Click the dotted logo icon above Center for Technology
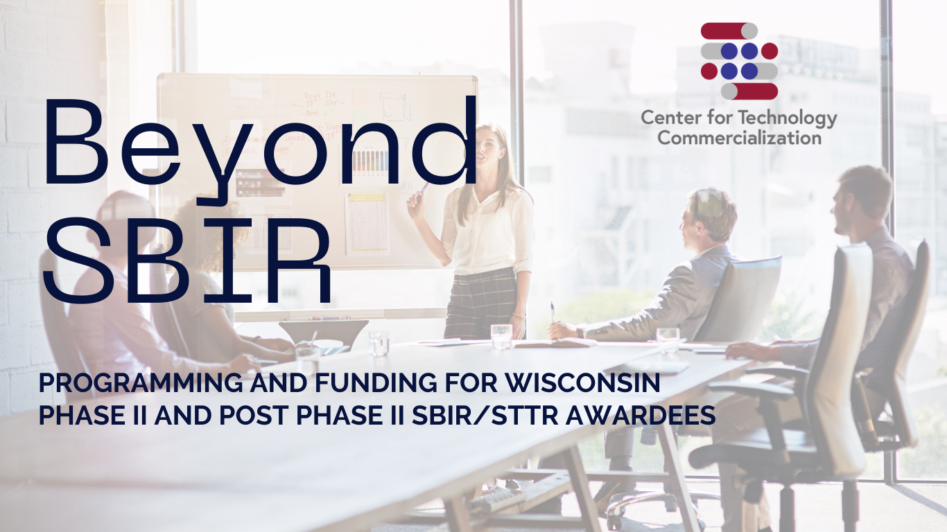pyautogui.click(x=739, y=61)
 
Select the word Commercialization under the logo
pyautogui.click(x=739, y=137)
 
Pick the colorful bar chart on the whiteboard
pyautogui.click(x=371, y=161)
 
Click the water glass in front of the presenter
pyautogui.click(x=501, y=336)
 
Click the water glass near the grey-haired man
pyautogui.click(x=668, y=339)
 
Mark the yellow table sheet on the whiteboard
pyautogui.click(x=367, y=221)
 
